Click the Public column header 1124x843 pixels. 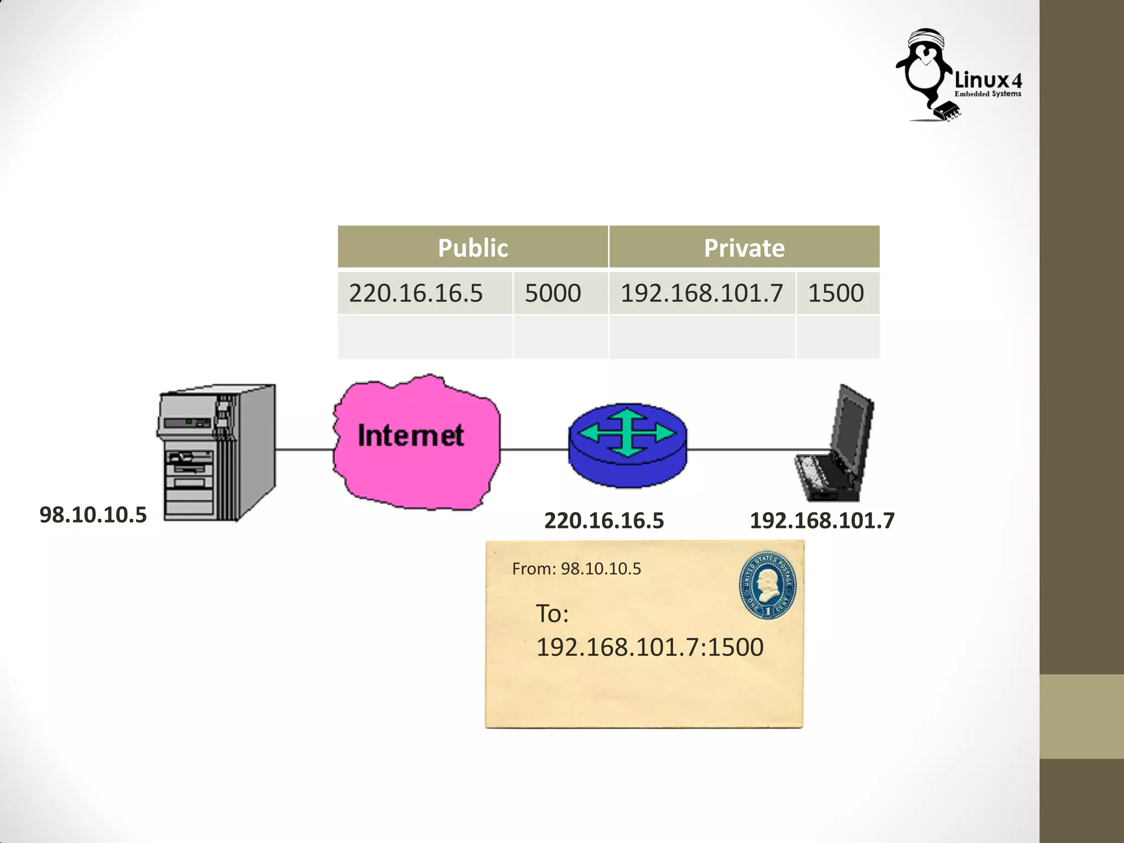(x=473, y=248)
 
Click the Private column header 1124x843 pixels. (x=744, y=248)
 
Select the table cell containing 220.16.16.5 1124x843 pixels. (x=416, y=293)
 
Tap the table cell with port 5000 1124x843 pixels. (x=553, y=293)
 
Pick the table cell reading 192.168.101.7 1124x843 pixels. (x=701, y=293)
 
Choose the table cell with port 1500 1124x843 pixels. (x=836, y=293)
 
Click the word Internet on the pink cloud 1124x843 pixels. (x=411, y=436)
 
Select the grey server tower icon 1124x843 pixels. (x=217, y=453)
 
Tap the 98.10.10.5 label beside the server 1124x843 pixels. (x=93, y=515)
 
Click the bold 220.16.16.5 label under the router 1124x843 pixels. (x=604, y=520)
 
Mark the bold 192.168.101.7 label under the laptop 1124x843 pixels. (x=822, y=520)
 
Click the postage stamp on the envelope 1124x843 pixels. (x=767, y=586)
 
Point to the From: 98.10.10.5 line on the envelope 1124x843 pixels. (x=576, y=569)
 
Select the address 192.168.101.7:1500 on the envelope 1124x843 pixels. (x=649, y=647)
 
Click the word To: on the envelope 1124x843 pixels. (x=552, y=614)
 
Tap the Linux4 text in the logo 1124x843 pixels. (x=988, y=81)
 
